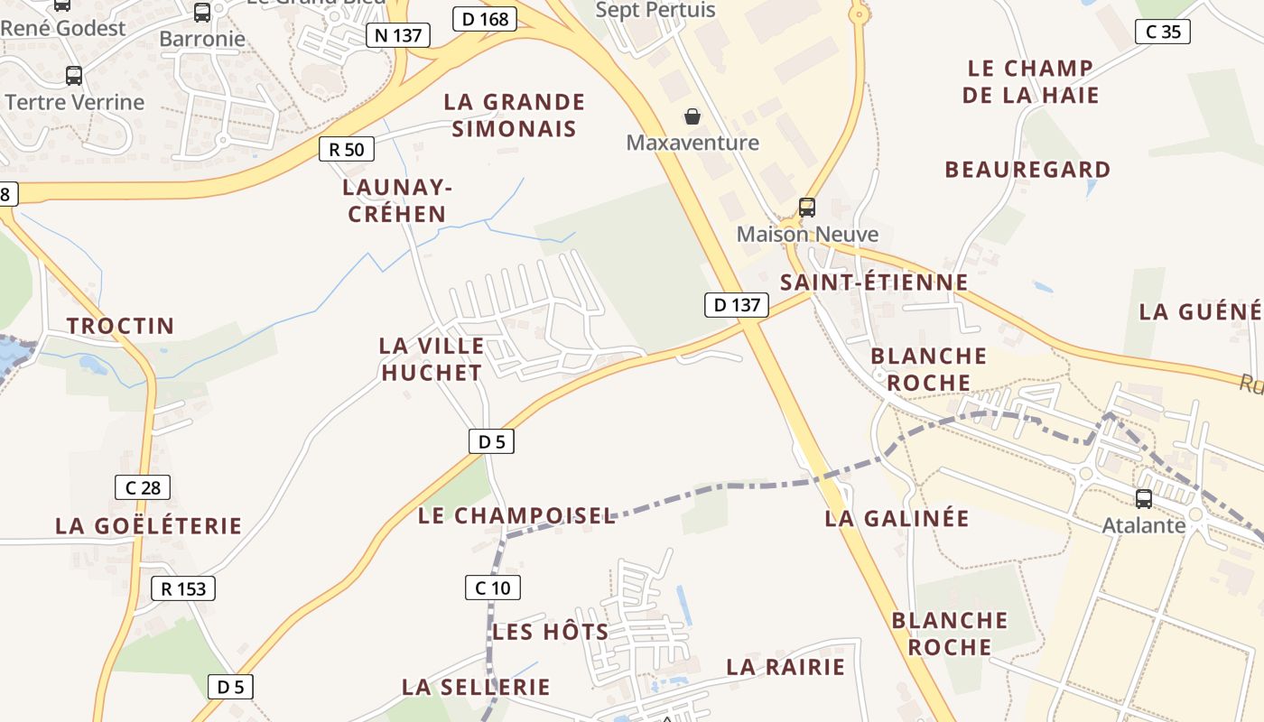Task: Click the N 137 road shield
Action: pos(397,35)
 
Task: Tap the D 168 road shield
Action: pos(485,19)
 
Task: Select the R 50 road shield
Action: pos(347,149)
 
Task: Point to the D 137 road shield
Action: pos(737,305)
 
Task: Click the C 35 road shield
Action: pos(1163,32)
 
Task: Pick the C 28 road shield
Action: pos(143,487)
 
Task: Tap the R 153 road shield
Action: pos(183,588)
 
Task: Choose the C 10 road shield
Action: pos(493,588)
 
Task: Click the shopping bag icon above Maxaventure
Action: pos(692,116)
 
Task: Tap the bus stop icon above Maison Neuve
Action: pos(807,207)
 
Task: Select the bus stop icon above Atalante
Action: pos(1144,498)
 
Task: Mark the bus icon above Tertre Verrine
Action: pos(74,76)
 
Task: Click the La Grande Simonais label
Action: pos(514,115)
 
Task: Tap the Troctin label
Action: pos(120,326)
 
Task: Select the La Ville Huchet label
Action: pos(432,358)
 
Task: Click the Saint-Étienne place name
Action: pos(874,282)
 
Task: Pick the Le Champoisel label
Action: pos(516,515)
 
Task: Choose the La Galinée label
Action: pos(897,518)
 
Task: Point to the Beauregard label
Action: pos(1027,169)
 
